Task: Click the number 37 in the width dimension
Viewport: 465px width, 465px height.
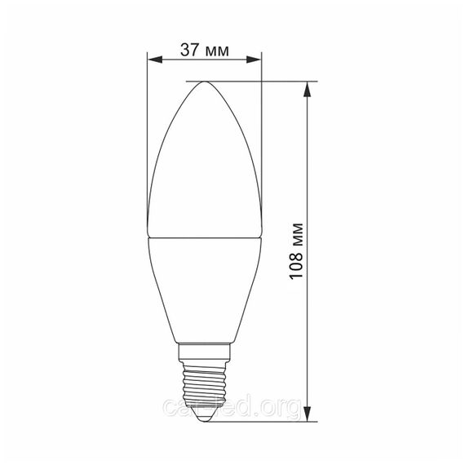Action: coord(191,50)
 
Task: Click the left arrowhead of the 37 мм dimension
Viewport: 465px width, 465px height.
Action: coord(152,58)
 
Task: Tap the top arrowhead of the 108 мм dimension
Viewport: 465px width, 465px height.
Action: coord(308,86)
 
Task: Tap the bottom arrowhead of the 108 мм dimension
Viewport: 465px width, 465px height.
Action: coord(308,417)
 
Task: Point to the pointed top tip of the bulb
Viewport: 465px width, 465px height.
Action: coord(204,82)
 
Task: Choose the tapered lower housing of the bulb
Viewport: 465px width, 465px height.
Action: coord(204,294)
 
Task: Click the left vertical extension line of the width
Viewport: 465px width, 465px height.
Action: coord(147,147)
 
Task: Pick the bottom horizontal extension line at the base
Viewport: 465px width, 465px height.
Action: coord(261,422)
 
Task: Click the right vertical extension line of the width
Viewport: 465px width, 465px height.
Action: coord(261,147)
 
